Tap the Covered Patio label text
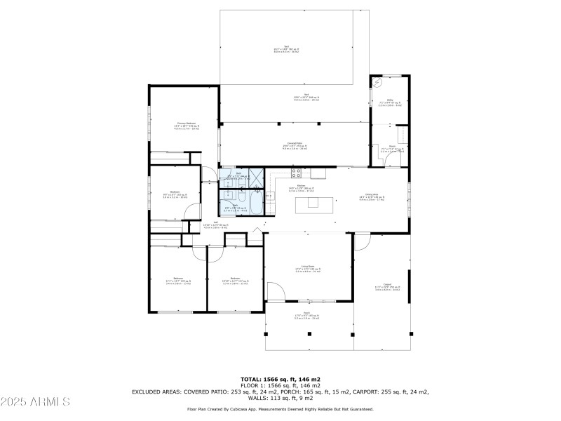pos(295,145)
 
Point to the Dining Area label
pos(381,196)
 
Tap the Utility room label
pos(389,102)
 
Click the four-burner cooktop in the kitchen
pos(297,172)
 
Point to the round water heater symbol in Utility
pos(379,83)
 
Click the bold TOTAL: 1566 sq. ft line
pos(280,379)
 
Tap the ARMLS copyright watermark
pos(35,402)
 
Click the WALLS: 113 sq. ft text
pos(280,399)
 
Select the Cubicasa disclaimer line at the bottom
pos(280,408)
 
